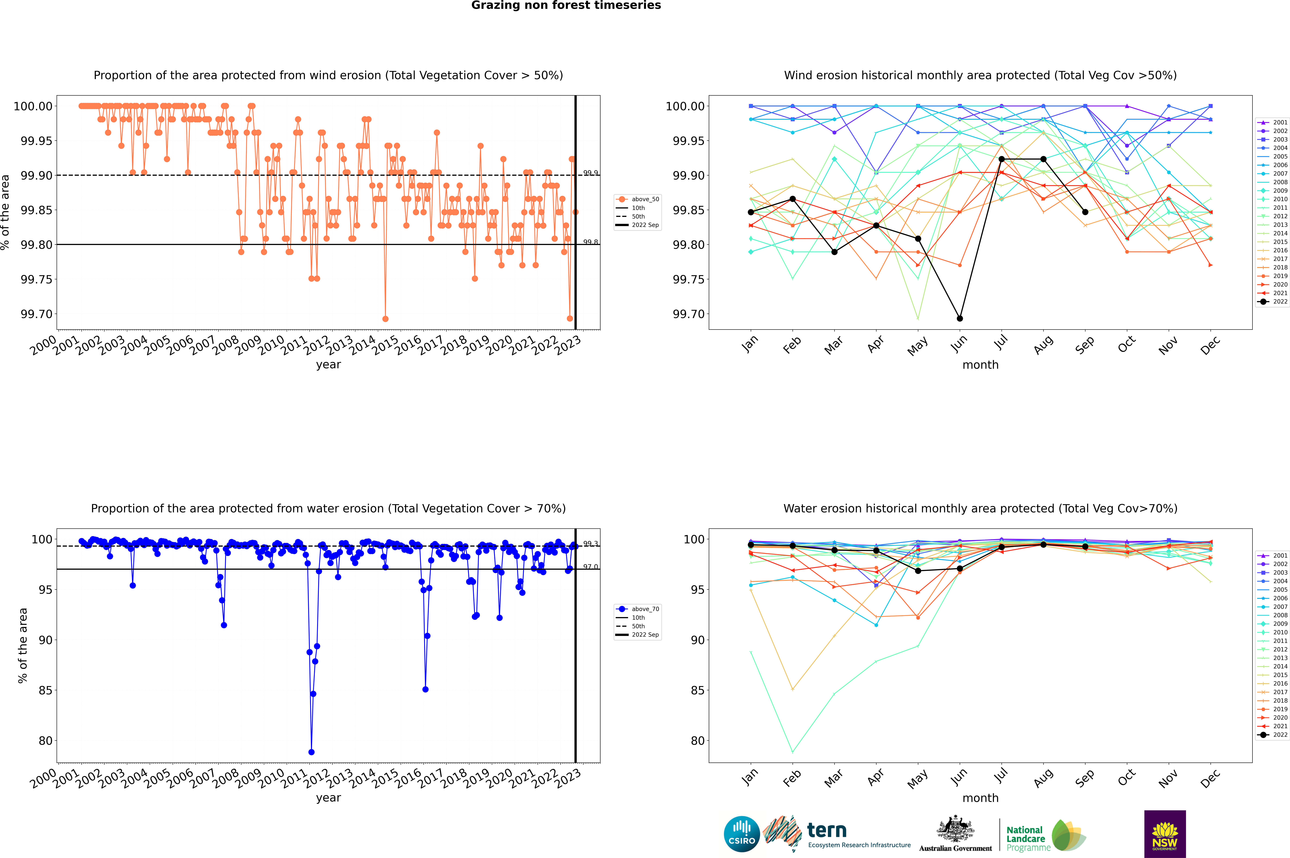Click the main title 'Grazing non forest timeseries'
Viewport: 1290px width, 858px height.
point(566,5)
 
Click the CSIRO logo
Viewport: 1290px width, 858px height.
point(741,834)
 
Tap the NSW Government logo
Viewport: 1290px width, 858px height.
point(1165,834)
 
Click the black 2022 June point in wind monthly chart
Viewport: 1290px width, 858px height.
point(960,318)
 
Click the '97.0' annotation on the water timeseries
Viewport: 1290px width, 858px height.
point(591,567)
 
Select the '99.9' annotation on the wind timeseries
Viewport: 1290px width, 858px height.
point(591,173)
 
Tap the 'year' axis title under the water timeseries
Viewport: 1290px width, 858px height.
point(328,798)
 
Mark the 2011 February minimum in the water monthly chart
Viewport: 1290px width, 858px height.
point(792,752)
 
